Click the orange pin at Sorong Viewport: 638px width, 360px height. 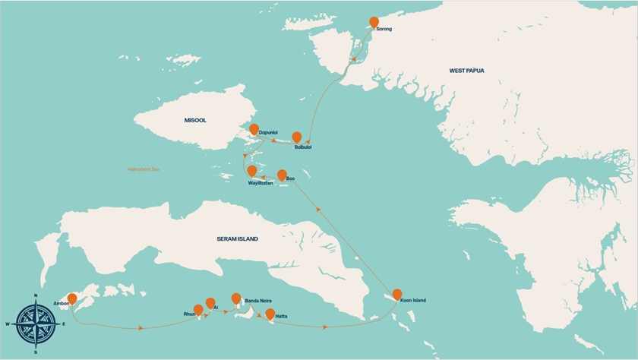[x=373, y=23]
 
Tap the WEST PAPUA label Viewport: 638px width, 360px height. [x=466, y=71]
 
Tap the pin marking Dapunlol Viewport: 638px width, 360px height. [x=254, y=130]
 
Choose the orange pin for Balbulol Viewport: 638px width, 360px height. [x=298, y=137]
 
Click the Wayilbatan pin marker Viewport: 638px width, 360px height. [x=251, y=172]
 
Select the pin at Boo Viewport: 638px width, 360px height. [x=282, y=175]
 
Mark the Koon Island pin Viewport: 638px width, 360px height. [x=396, y=295]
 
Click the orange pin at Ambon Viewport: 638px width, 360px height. [x=73, y=299]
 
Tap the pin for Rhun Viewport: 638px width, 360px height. [x=198, y=310]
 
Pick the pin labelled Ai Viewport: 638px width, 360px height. [x=210, y=303]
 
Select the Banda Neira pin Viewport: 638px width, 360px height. [x=236, y=298]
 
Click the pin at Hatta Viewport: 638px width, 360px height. [x=270, y=314]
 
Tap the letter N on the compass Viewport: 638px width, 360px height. [x=36, y=295]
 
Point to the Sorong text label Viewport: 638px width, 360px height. [x=384, y=30]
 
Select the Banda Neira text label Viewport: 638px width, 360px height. [x=258, y=302]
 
